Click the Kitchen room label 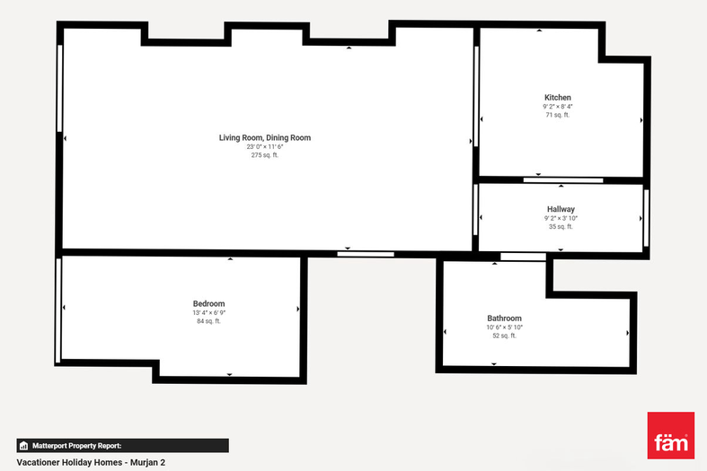[x=558, y=97]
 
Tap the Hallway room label [x=561, y=209]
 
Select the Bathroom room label [x=504, y=318]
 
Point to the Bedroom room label [x=208, y=303]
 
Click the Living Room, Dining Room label [x=265, y=137]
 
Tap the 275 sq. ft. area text [x=265, y=155]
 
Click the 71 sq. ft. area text [x=558, y=115]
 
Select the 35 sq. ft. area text [x=561, y=226]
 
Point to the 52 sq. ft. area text [x=504, y=336]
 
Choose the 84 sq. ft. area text [x=208, y=321]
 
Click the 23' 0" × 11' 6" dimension [x=265, y=147]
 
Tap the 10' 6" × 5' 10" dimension [x=504, y=327]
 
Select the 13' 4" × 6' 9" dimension [x=208, y=312]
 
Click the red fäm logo [x=671, y=435]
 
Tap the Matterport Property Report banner [x=123, y=446]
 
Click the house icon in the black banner [x=24, y=446]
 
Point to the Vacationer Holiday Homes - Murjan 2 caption [x=91, y=462]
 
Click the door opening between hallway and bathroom [x=523, y=257]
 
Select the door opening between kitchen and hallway [x=563, y=180]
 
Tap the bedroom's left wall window [x=58, y=310]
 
